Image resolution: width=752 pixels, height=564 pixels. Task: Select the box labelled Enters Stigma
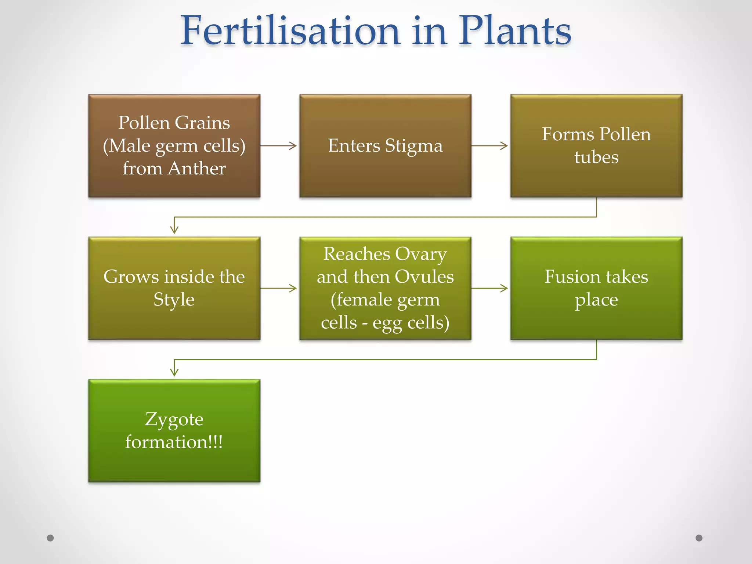click(385, 146)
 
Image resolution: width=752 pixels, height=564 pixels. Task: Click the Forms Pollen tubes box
click(596, 146)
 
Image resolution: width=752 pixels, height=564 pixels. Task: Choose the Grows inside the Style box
click(174, 288)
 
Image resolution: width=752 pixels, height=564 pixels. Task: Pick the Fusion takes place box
click(596, 288)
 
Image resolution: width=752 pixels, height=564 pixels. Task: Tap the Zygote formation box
click(174, 431)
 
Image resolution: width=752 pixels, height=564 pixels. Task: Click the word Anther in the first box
click(197, 169)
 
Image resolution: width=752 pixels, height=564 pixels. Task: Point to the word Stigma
click(414, 146)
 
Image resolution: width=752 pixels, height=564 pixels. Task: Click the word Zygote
click(174, 419)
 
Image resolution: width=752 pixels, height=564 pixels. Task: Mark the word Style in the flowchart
click(174, 300)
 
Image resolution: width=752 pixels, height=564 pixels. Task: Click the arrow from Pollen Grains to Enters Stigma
click(279, 146)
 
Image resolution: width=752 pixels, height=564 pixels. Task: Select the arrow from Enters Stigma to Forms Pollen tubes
click(490, 146)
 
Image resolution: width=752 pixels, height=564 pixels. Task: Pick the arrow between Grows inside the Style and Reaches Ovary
click(279, 288)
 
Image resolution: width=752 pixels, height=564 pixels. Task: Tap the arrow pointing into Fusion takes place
click(490, 288)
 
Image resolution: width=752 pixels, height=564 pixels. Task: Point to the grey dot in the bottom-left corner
click(50, 538)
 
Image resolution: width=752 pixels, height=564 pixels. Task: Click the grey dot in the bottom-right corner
click(699, 538)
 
